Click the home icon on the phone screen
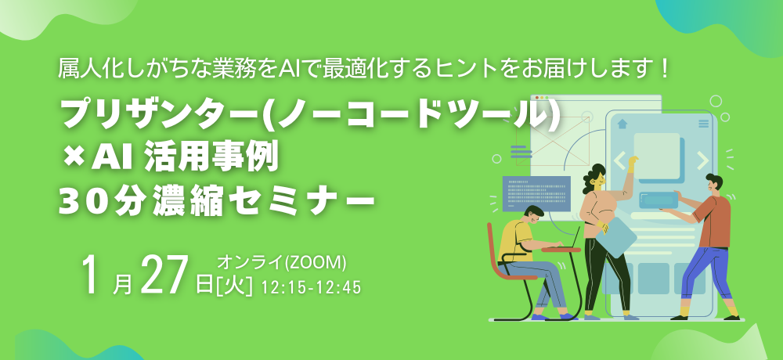click(622, 123)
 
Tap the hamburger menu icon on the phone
click(703, 124)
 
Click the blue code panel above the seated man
click(536, 193)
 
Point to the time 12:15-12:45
click(311, 287)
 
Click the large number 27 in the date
click(165, 276)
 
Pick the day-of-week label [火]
click(235, 285)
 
